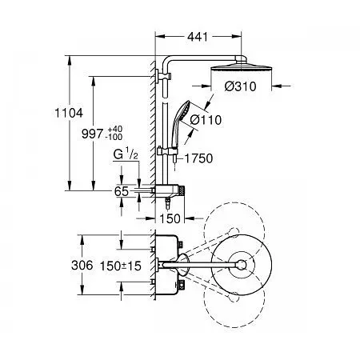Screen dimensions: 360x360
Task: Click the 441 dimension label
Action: pos(198,37)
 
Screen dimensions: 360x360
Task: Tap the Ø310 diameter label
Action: pos(240,86)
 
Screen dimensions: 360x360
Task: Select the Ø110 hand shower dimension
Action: pos(206,120)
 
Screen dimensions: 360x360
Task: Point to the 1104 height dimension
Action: pos(69,113)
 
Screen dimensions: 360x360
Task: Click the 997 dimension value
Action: pos(92,134)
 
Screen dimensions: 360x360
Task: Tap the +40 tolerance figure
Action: pos(115,129)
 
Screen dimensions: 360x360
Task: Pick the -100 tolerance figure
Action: pos(114,137)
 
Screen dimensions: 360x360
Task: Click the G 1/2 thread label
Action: pos(126,154)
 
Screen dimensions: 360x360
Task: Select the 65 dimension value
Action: pos(122,191)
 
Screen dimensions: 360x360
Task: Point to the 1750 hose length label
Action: pos(198,158)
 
